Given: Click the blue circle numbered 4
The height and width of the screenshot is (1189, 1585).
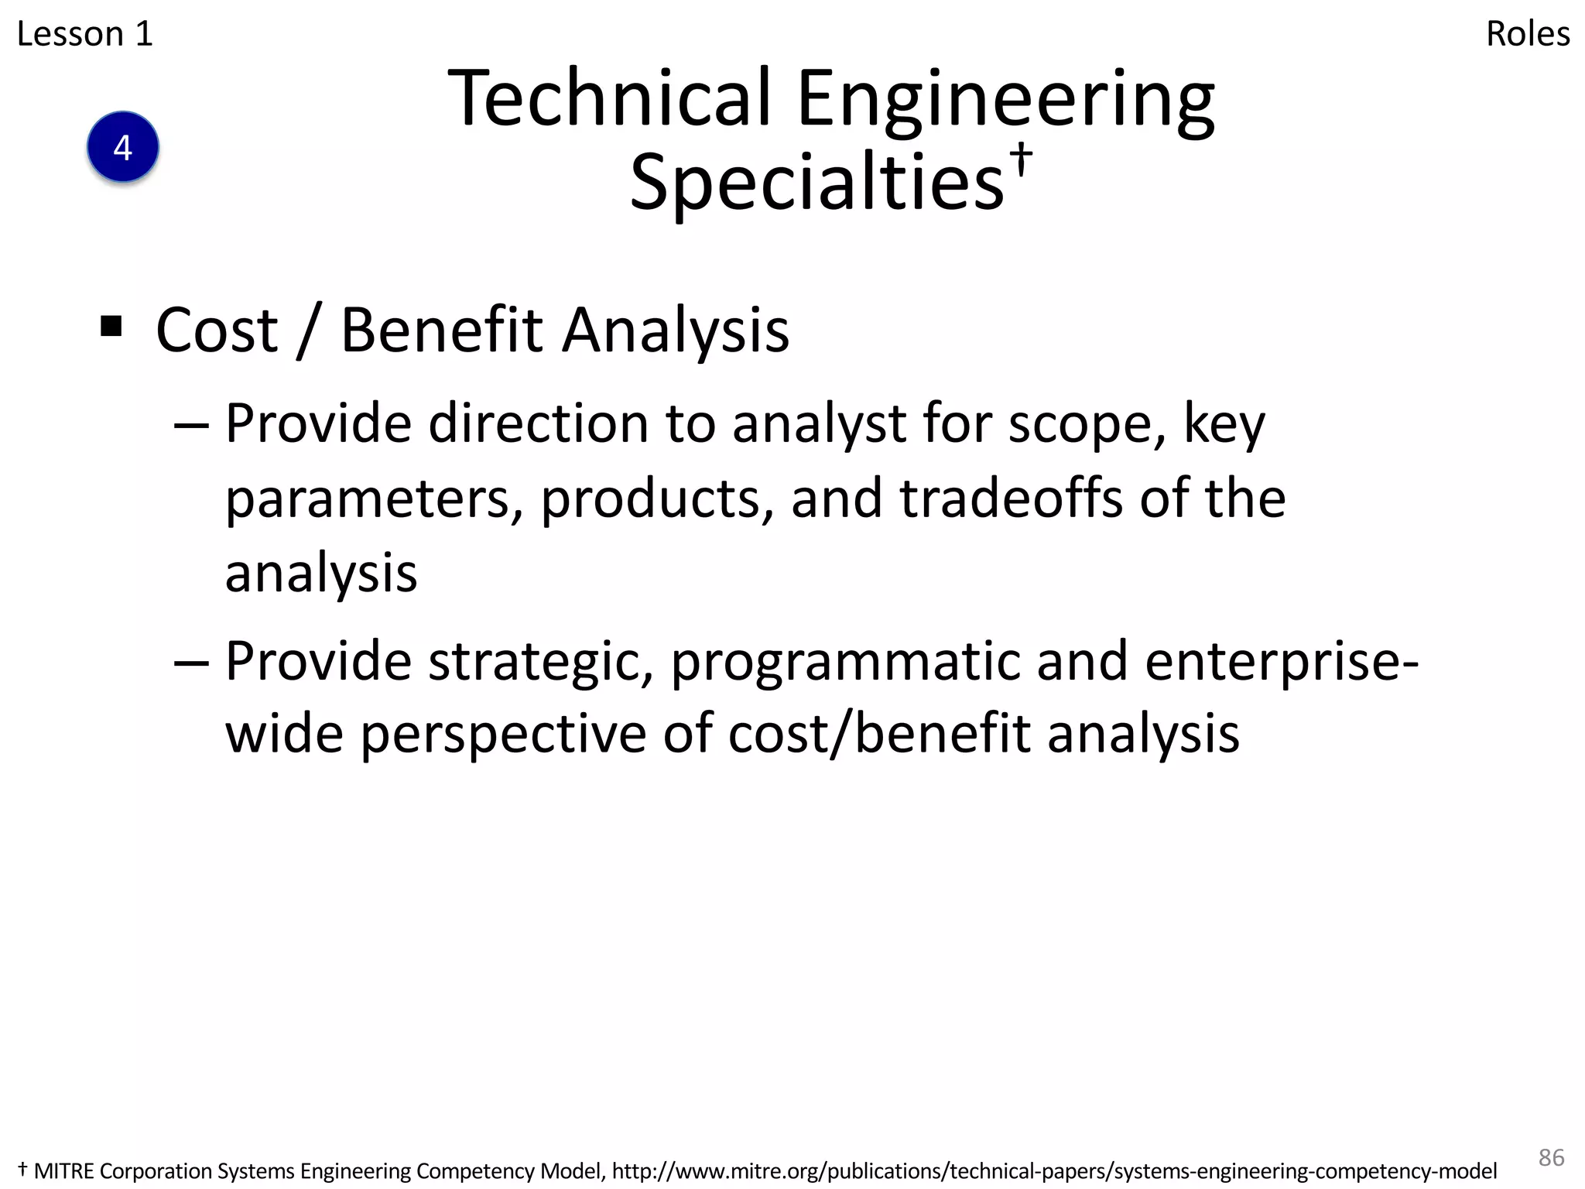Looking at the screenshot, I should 123,147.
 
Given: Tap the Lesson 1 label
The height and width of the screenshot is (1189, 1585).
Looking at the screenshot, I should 85,34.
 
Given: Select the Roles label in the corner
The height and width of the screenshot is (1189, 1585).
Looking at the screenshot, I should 1528,34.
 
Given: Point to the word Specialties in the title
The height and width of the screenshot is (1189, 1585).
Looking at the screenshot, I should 817,182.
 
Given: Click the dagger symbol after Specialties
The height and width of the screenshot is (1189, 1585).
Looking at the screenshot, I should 1022,159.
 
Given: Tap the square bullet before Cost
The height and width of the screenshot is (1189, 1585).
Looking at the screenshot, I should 111,327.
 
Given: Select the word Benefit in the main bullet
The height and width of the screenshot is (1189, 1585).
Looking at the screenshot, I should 442,331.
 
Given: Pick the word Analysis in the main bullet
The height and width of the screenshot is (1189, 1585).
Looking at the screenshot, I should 676,331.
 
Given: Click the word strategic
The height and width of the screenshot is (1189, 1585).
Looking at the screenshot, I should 540,663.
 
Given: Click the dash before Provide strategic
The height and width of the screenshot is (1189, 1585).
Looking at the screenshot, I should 191,663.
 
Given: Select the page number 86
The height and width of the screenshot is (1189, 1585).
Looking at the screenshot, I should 1551,1157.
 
